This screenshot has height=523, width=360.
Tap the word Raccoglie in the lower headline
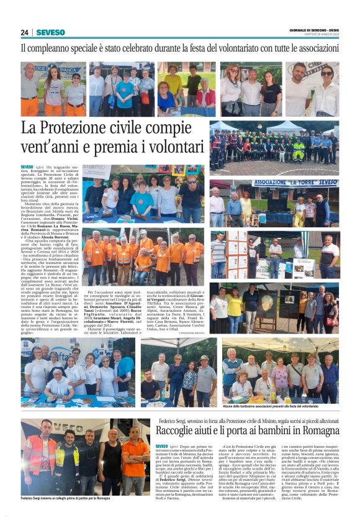[181, 430]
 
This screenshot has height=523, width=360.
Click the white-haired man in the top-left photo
[29, 87]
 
